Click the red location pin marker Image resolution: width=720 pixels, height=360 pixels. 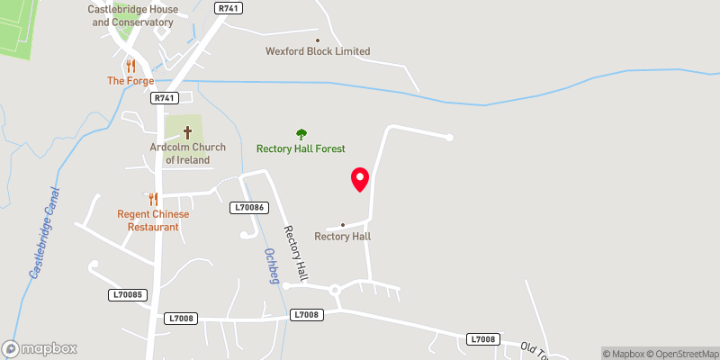pos(360,179)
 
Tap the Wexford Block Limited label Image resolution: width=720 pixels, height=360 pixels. pos(318,51)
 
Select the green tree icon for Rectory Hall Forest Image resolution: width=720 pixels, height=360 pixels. pos(301,134)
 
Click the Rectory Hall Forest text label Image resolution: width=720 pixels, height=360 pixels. pos(301,148)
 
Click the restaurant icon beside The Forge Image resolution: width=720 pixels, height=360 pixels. pos(130,66)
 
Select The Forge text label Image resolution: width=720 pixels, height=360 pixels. pos(130,81)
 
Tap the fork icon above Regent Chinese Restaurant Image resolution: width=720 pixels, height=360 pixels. pos(152,199)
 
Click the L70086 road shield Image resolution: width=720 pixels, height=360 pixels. pos(247,207)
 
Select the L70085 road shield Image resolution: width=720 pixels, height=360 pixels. pos(127,294)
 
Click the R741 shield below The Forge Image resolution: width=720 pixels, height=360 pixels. pos(164,98)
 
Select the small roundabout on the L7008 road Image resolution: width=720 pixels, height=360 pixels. pos(336,290)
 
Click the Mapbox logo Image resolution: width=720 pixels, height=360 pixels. pos(40,348)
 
